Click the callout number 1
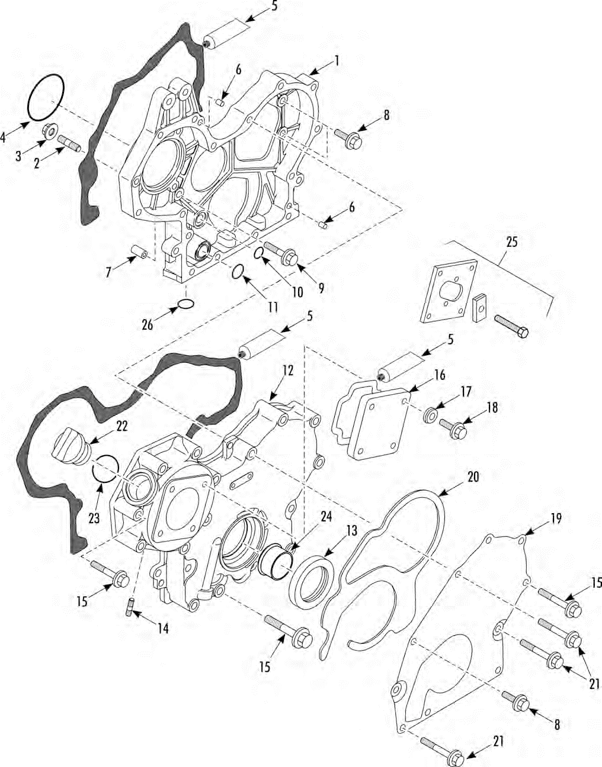pyautogui.click(x=337, y=60)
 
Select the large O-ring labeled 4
pyautogui.click(x=45, y=97)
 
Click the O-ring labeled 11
pyautogui.click(x=237, y=272)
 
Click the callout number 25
pyautogui.click(x=511, y=242)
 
